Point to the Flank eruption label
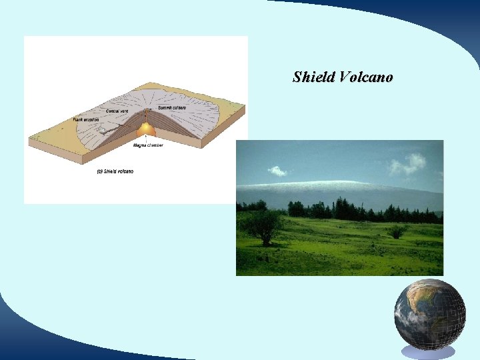pos(87,119)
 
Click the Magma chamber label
pos(148,145)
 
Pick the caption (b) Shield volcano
pos(115,171)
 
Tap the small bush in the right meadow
pos(397,231)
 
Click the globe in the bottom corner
pos(428,314)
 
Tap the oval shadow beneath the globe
pos(428,351)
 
